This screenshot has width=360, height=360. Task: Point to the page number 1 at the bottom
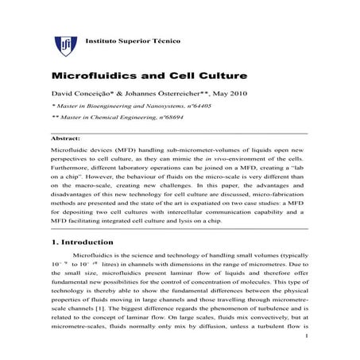(306, 347)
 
